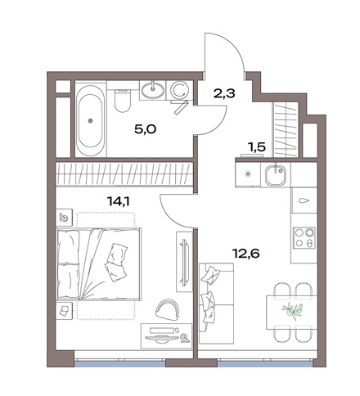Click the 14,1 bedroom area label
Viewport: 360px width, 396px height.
click(x=119, y=201)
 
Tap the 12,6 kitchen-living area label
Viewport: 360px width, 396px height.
click(x=245, y=254)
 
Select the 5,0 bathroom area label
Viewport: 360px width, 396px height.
click(x=145, y=129)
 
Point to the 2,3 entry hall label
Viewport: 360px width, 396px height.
click(x=225, y=93)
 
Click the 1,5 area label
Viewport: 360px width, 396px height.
click(x=256, y=147)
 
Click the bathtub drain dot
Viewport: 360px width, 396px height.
click(x=90, y=120)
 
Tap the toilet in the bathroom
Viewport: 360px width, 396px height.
click(x=122, y=100)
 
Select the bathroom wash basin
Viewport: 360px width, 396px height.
click(x=153, y=90)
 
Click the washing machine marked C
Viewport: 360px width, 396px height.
click(x=179, y=91)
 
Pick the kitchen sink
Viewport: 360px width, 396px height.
click(x=276, y=175)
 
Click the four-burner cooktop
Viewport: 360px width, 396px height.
click(x=304, y=237)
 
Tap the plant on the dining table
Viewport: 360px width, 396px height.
click(x=293, y=310)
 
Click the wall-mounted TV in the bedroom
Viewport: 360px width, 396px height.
click(x=185, y=262)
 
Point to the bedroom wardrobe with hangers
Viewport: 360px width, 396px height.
click(x=124, y=174)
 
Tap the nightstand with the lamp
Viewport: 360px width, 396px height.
click(x=65, y=218)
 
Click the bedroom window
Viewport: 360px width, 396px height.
click(x=120, y=363)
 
